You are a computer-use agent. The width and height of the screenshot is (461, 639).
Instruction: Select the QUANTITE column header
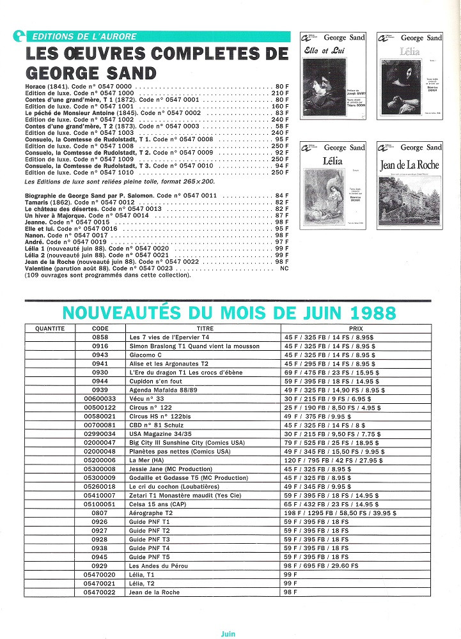[51, 328]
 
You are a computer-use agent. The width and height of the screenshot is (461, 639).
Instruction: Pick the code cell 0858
[100, 336]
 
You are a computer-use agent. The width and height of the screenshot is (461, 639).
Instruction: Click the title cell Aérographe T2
[151, 512]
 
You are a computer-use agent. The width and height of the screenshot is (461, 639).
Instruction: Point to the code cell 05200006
[100, 459]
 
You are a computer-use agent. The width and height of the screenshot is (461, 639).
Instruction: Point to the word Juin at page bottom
[228, 633]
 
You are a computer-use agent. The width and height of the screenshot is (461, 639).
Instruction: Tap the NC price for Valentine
[285, 269]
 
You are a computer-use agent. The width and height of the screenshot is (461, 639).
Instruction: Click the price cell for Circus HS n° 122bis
[321, 415]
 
